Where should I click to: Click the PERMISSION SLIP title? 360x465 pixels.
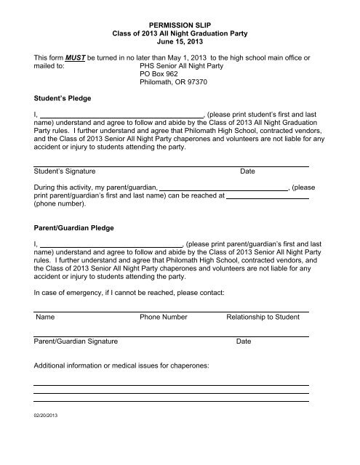[x=180, y=25]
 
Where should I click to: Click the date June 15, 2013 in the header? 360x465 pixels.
[x=180, y=44]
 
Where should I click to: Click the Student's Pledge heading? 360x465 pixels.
[x=64, y=116]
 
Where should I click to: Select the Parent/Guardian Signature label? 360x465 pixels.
[x=77, y=341]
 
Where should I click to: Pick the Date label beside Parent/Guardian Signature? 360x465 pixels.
[x=244, y=341]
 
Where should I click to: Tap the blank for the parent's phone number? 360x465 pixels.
[x=268, y=197]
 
